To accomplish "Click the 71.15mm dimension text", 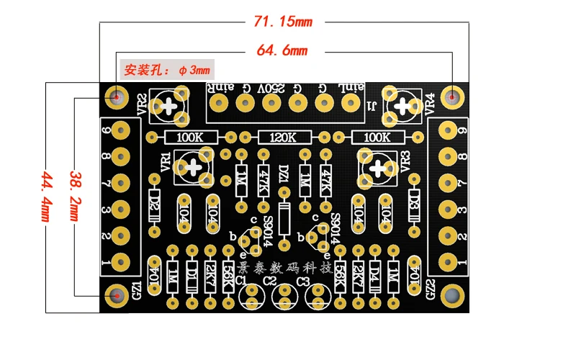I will pos(283,22).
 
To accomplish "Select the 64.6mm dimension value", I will pos(282,51).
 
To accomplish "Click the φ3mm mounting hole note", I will pos(167,71).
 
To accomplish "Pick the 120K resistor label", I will pos(283,137).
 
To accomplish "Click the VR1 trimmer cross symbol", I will pos(194,168).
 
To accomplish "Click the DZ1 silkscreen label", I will pos(283,174).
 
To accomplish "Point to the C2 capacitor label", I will pos(270,280).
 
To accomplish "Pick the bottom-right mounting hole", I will pos(452,295).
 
